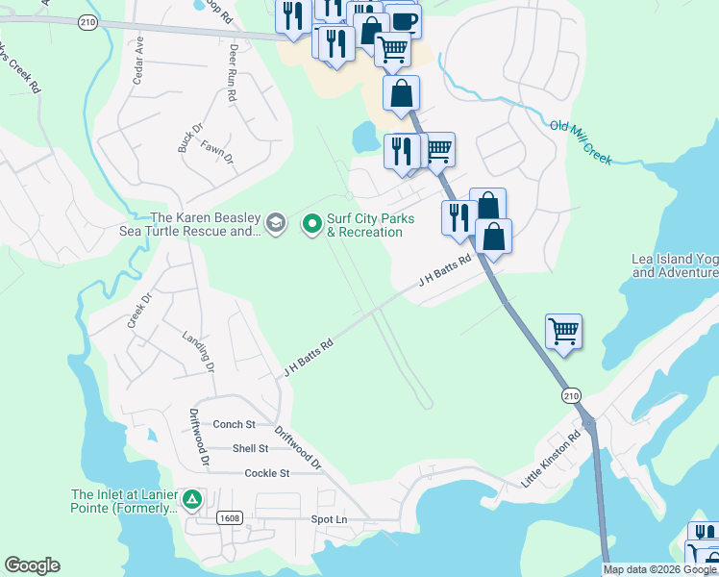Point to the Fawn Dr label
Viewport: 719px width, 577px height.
point(218,152)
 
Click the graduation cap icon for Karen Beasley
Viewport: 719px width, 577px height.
point(276,224)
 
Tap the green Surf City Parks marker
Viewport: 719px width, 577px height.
point(311,224)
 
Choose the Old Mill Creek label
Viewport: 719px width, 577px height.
point(580,141)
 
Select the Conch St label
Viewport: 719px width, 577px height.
point(234,424)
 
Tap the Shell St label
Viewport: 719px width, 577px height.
point(250,448)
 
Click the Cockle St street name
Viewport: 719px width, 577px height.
point(267,473)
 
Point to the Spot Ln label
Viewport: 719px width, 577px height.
point(328,519)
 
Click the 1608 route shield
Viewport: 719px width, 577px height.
point(229,517)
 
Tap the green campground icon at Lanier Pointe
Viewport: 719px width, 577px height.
point(192,499)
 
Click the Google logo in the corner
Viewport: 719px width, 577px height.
point(32,565)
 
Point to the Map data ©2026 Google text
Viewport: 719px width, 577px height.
point(659,569)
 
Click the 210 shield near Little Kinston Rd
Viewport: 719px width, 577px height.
point(571,396)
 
